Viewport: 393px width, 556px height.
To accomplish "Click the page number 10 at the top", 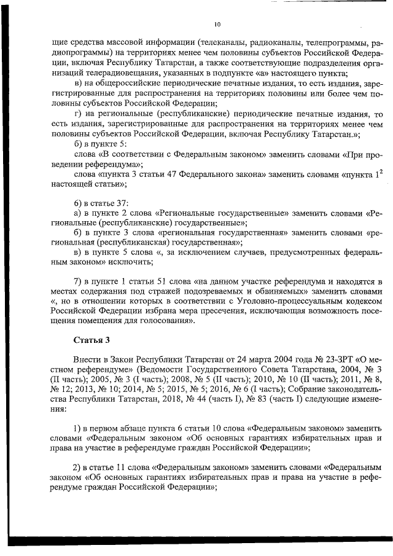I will click(217, 25).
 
